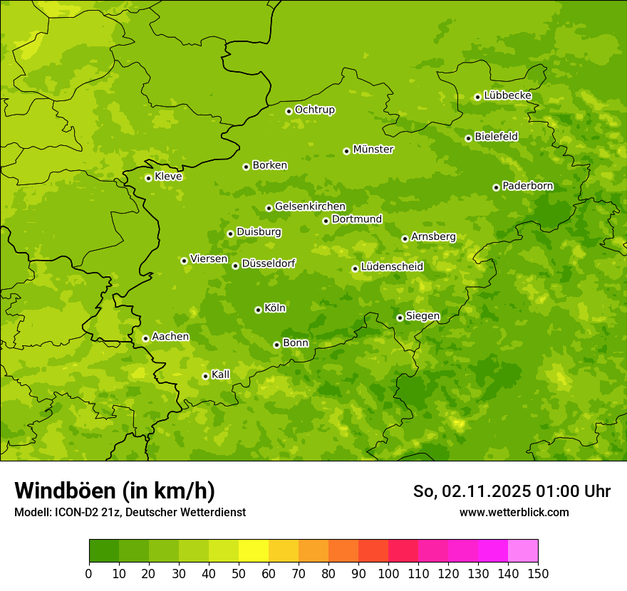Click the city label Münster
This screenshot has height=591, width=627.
coord(373,150)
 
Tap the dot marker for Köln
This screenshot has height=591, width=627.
coord(258,310)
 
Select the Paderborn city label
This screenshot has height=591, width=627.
coord(527,186)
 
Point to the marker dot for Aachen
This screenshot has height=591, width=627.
coord(145,338)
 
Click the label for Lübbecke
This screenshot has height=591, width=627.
coord(507,95)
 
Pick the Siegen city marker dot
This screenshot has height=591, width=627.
coord(400,318)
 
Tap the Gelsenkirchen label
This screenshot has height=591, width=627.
coord(310,206)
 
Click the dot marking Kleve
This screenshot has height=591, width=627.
coord(148,178)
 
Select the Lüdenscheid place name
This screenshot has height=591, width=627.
coord(392,267)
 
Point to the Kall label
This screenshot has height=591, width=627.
coord(221,375)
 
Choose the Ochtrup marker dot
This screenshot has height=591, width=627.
coord(289,111)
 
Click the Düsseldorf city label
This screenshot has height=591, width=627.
coord(269,263)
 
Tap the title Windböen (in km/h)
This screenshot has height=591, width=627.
coord(115,491)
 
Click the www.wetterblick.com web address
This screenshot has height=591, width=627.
coord(514,512)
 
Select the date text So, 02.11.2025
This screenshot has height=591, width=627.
coord(471,491)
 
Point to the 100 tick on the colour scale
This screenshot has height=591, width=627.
coord(388,574)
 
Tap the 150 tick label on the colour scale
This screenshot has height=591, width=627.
coord(537,574)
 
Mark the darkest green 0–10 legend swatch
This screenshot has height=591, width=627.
coord(104,551)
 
